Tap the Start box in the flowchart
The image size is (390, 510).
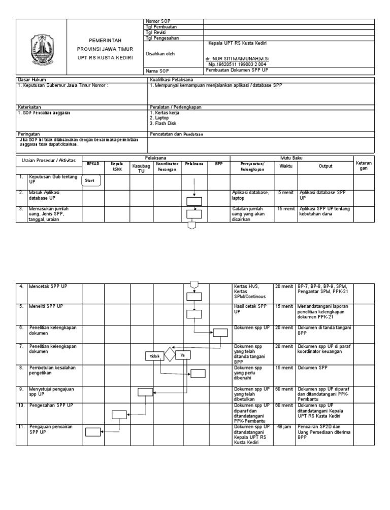click(91, 180)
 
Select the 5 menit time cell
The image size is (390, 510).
click(283, 193)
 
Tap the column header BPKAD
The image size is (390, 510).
click(92, 164)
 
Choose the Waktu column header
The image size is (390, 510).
click(286, 166)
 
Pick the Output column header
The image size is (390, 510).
click(326, 166)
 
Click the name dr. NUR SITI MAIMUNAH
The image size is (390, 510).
click(237, 59)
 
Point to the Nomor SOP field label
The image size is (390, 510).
click(158, 21)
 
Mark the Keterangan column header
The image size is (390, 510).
click(364, 166)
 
